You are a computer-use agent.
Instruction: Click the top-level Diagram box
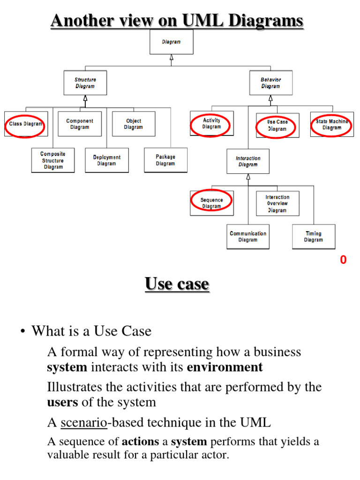tap(171, 42)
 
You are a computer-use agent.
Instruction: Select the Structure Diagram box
tap(85, 83)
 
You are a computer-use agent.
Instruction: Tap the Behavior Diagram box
tap(270, 83)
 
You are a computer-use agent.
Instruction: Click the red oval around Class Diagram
tap(26, 124)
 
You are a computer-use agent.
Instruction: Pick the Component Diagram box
tap(80, 124)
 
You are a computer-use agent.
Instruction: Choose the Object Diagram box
tap(134, 124)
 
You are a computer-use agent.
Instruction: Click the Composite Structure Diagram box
tap(53, 160)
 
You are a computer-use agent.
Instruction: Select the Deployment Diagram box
tap(106, 160)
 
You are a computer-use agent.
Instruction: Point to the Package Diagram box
tap(165, 160)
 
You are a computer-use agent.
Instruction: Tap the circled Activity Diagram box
tap(211, 124)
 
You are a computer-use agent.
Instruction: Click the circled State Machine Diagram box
tap(332, 125)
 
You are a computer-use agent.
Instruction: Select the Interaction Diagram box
tap(248, 161)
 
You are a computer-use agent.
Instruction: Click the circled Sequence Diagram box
tap(211, 203)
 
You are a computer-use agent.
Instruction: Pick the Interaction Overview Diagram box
tap(277, 203)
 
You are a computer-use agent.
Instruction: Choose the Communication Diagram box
tap(248, 237)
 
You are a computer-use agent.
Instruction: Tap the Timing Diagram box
tap(314, 237)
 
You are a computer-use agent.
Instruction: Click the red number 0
tap(343, 260)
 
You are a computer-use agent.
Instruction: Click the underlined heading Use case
tap(177, 284)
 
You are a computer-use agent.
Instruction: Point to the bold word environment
tap(225, 367)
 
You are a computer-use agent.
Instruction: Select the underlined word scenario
tap(84, 422)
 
